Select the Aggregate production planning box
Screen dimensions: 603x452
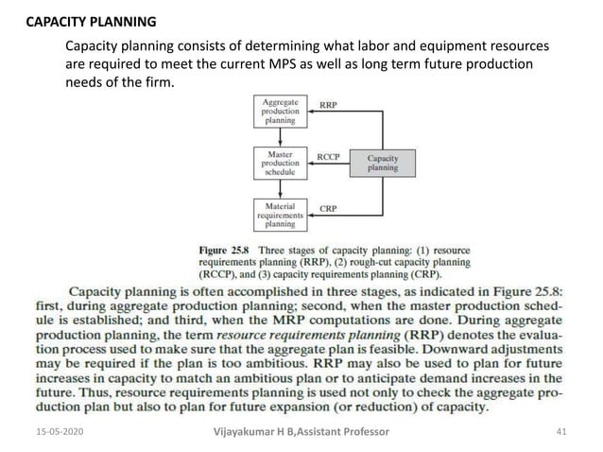point(281,113)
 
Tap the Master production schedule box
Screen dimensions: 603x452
point(281,163)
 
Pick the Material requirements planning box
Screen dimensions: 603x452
point(281,215)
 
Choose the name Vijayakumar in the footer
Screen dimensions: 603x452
point(249,433)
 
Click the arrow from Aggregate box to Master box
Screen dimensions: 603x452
point(281,137)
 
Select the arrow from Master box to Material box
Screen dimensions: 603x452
point(281,188)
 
